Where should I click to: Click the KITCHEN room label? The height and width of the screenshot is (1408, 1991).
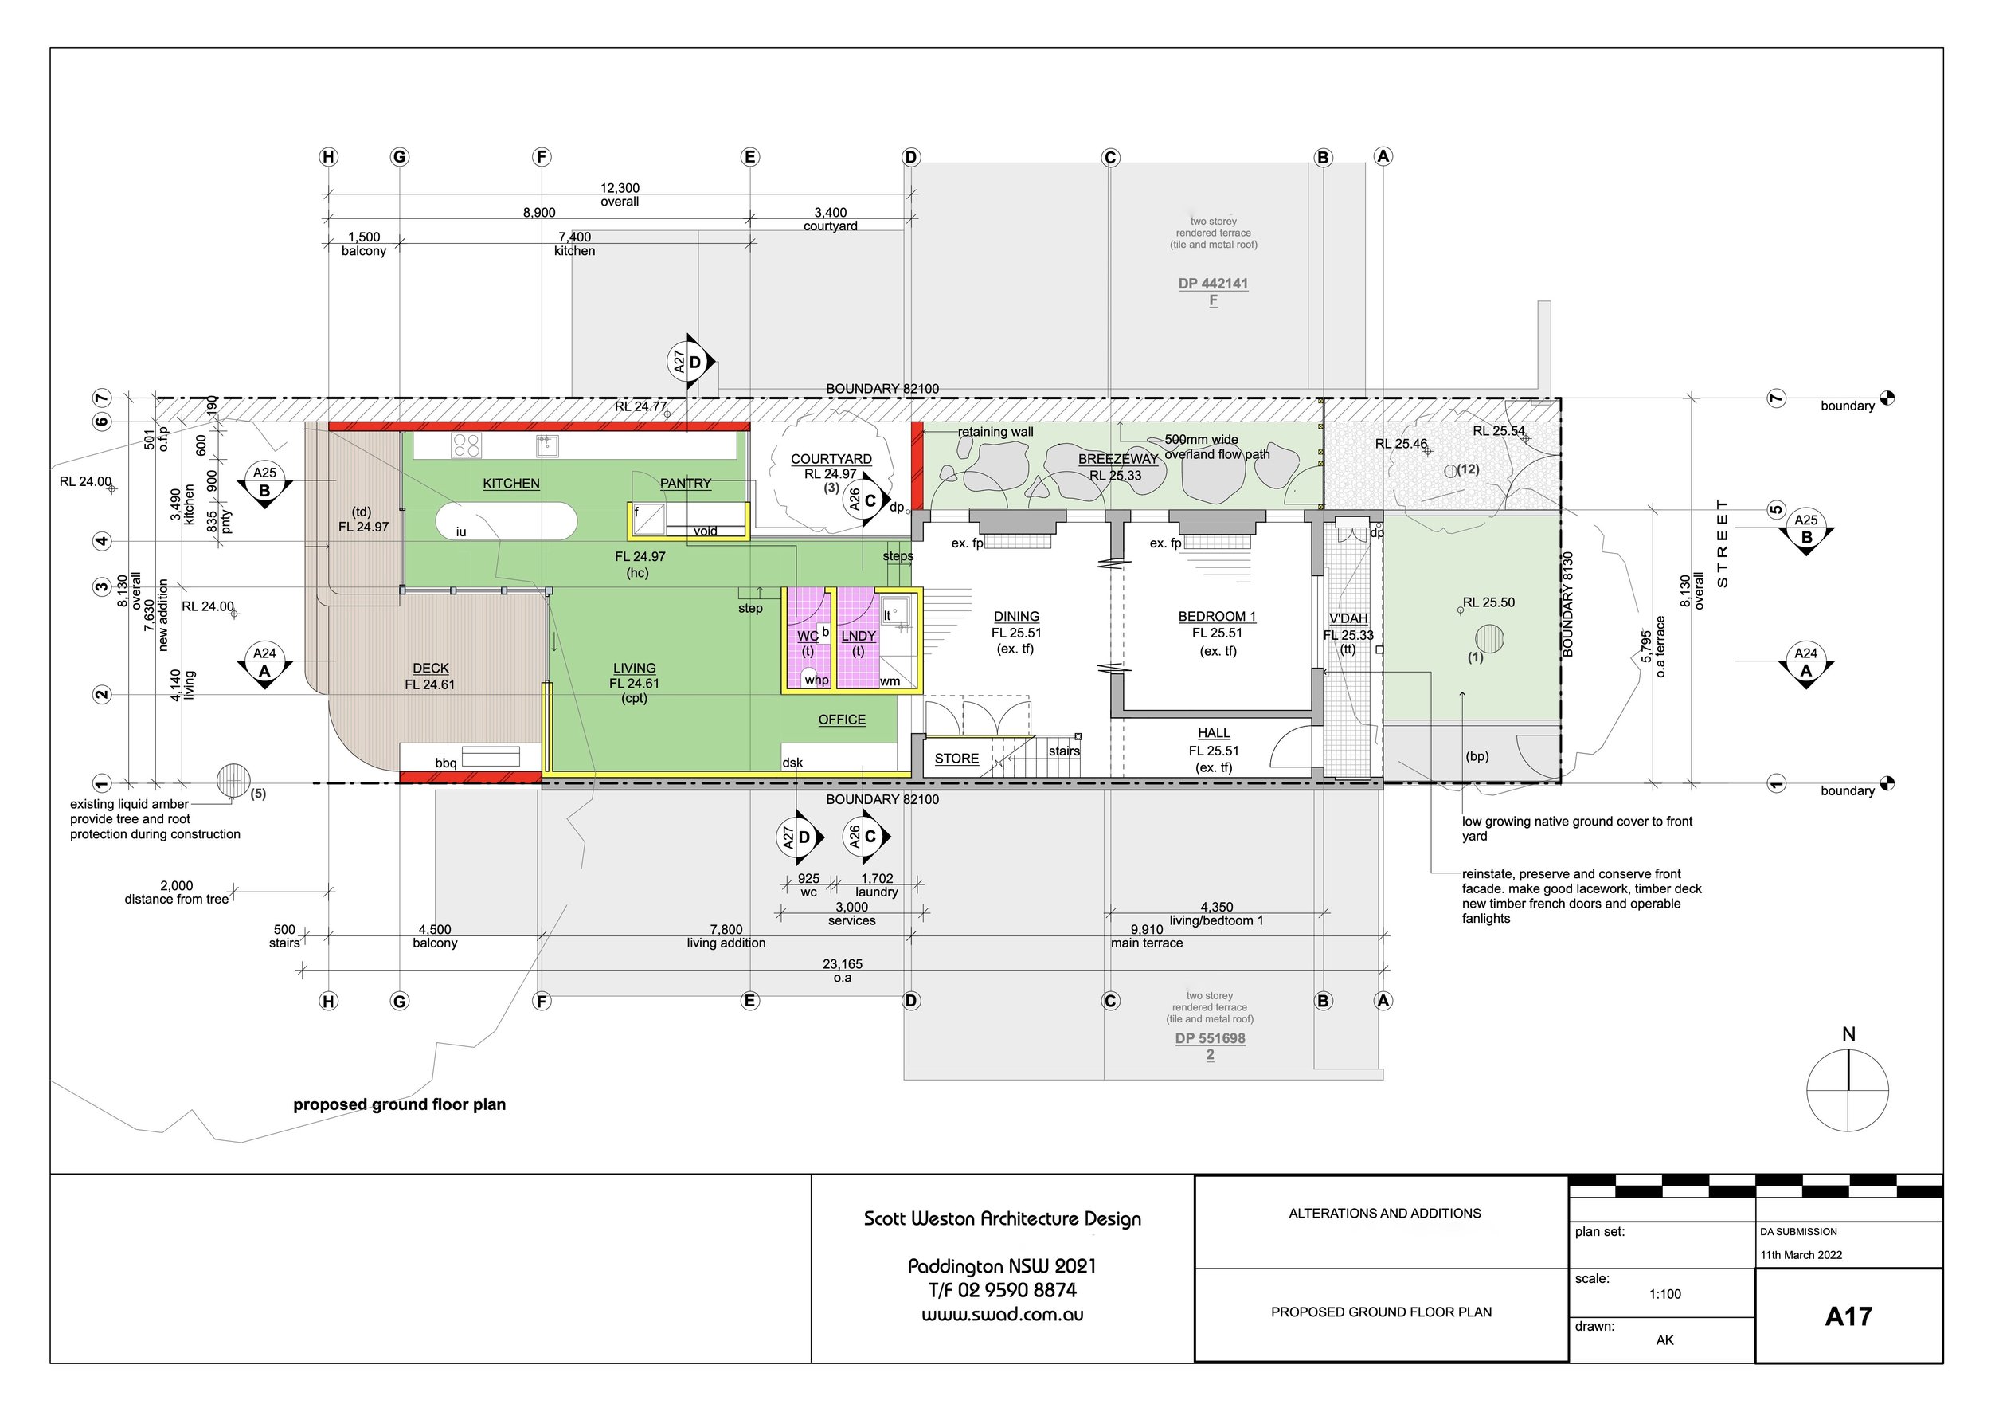click(x=510, y=483)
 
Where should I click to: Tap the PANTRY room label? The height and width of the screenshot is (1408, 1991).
click(x=685, y=483)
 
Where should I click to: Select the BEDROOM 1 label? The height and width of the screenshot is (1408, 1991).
click(x=1217, y=616)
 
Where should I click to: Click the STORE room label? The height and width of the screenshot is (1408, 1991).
click(x=956, y=759)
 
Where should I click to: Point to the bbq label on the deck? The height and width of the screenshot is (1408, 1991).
click(x=446, y=763)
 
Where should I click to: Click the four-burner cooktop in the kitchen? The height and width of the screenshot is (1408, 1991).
click(x=466, y=446)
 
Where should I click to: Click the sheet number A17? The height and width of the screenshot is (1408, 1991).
click(x=1848, y=1317)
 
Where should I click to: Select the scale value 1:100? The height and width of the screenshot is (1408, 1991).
click(x=1665, y=1294)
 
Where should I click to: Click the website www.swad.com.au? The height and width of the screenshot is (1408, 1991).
click(x=1003, y=1314)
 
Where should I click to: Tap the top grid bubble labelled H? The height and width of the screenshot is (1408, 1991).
click(x=328, y=157)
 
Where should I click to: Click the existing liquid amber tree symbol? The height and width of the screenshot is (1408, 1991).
click(x=233, y=781)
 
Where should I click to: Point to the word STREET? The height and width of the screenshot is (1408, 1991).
click(x=1722, y=543)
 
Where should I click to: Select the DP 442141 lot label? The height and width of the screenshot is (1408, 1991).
click(x=1213, y=284)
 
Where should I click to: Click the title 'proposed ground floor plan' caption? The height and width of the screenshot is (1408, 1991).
click(x=399, y=1104)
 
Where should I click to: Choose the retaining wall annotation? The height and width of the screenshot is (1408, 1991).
click(x=995, y=432)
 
